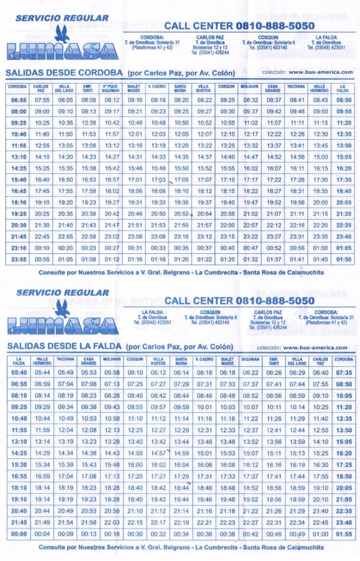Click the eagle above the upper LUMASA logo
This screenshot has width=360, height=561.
62,34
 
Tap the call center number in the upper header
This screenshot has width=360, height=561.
275,25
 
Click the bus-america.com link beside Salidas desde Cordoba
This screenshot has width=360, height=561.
321,72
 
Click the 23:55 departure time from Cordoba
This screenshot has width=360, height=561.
18,260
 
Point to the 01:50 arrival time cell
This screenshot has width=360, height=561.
344,260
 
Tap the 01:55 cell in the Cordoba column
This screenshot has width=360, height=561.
344,534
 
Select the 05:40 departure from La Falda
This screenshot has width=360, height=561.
18,372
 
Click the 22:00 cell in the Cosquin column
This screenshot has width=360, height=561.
228,225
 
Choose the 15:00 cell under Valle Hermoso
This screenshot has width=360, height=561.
320,157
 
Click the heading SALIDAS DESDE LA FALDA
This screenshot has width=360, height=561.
64,346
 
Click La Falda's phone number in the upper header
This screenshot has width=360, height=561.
326,48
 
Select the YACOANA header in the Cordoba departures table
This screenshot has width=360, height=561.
296,87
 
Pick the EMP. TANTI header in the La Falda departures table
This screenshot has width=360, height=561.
274,361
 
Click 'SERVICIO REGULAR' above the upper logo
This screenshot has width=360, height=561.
62,18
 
